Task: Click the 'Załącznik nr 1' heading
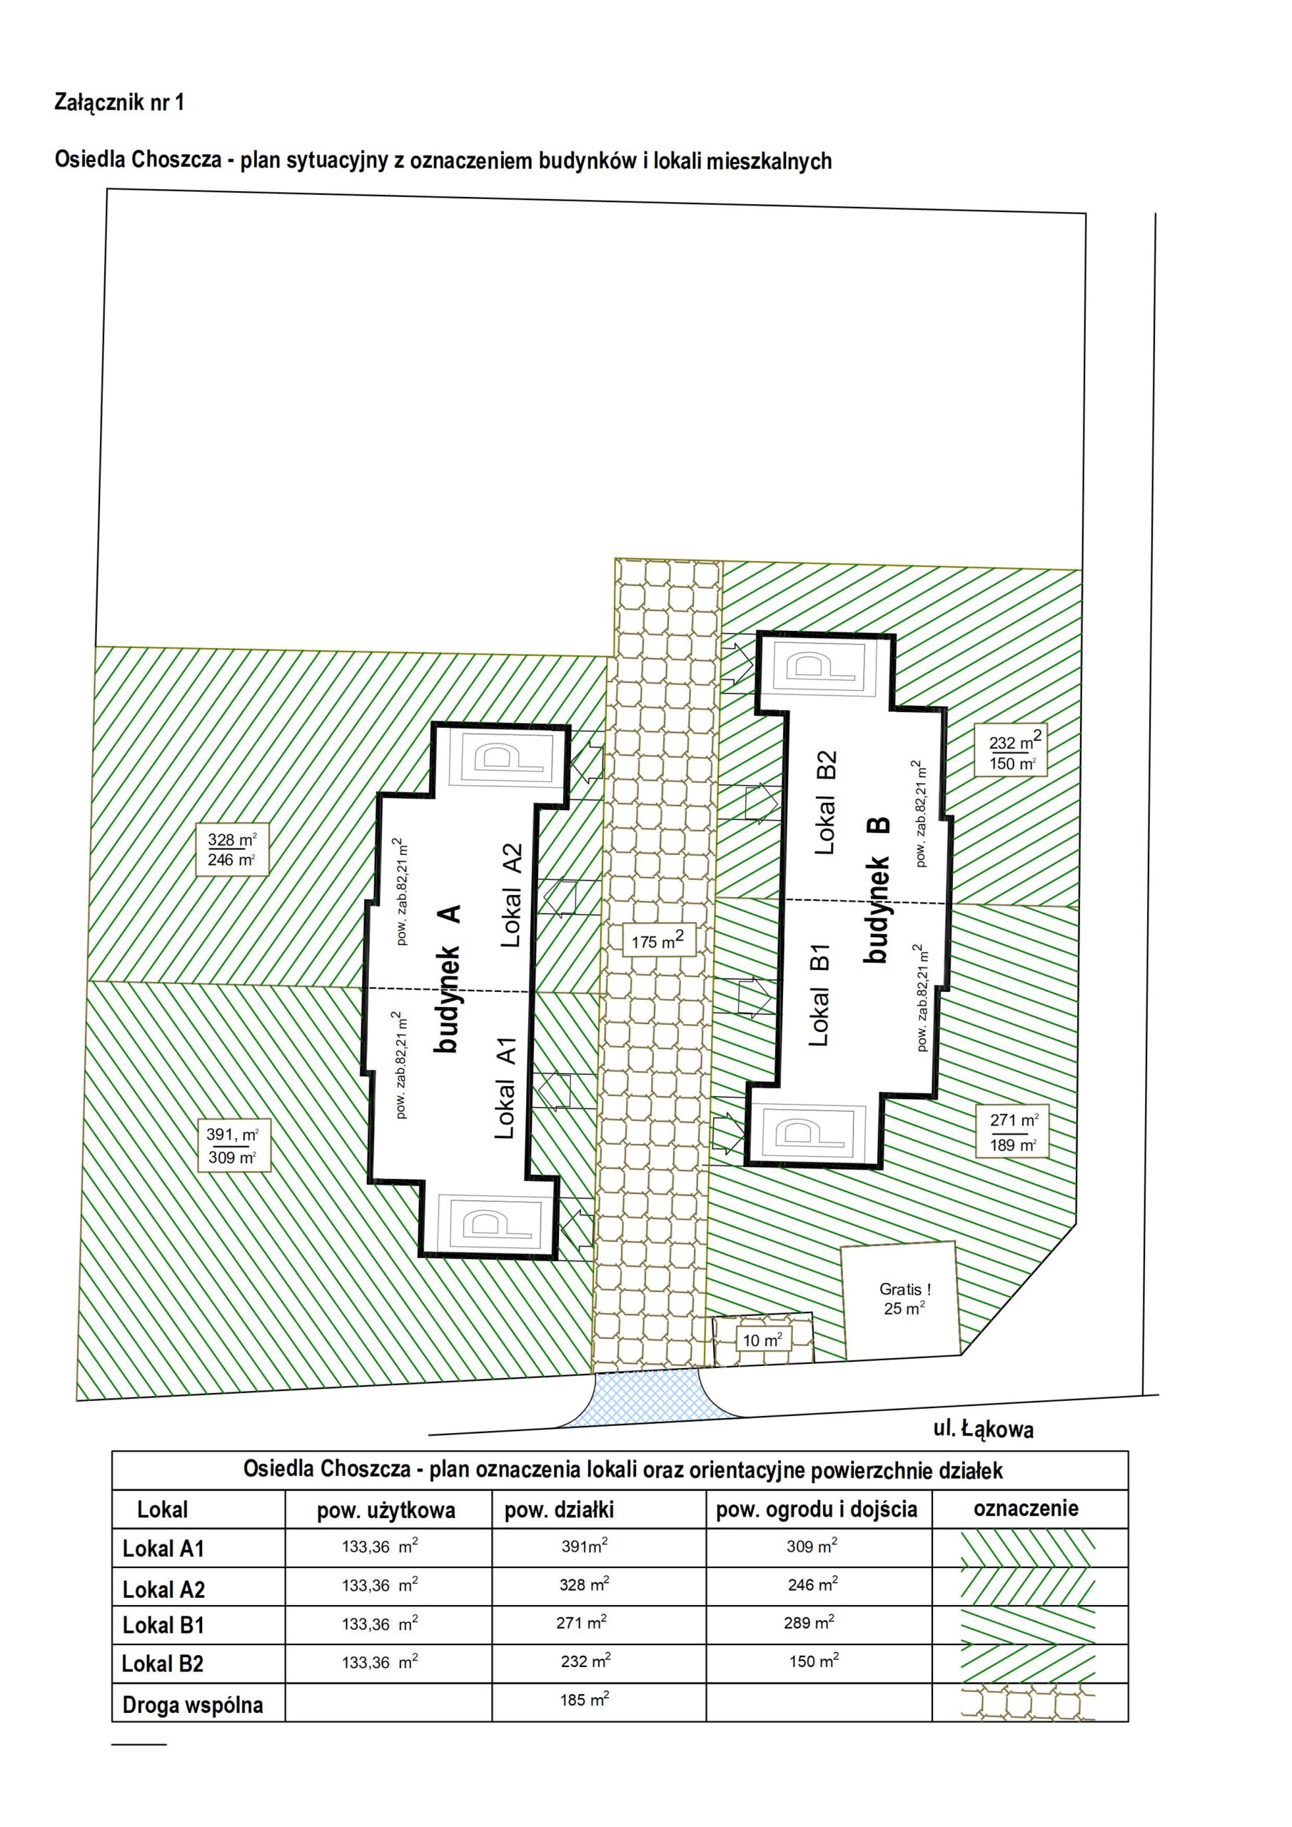tap(119, 102)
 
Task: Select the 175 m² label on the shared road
tap(657, 941)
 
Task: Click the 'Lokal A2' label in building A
tap(510, 895)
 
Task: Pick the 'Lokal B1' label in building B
tap(819, 995)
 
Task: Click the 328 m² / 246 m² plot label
tap(232, 849)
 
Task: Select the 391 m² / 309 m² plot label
tap(233, 1146)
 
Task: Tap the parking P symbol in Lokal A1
tap(496, 1223)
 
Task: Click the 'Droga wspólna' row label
tap(193, 1704)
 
